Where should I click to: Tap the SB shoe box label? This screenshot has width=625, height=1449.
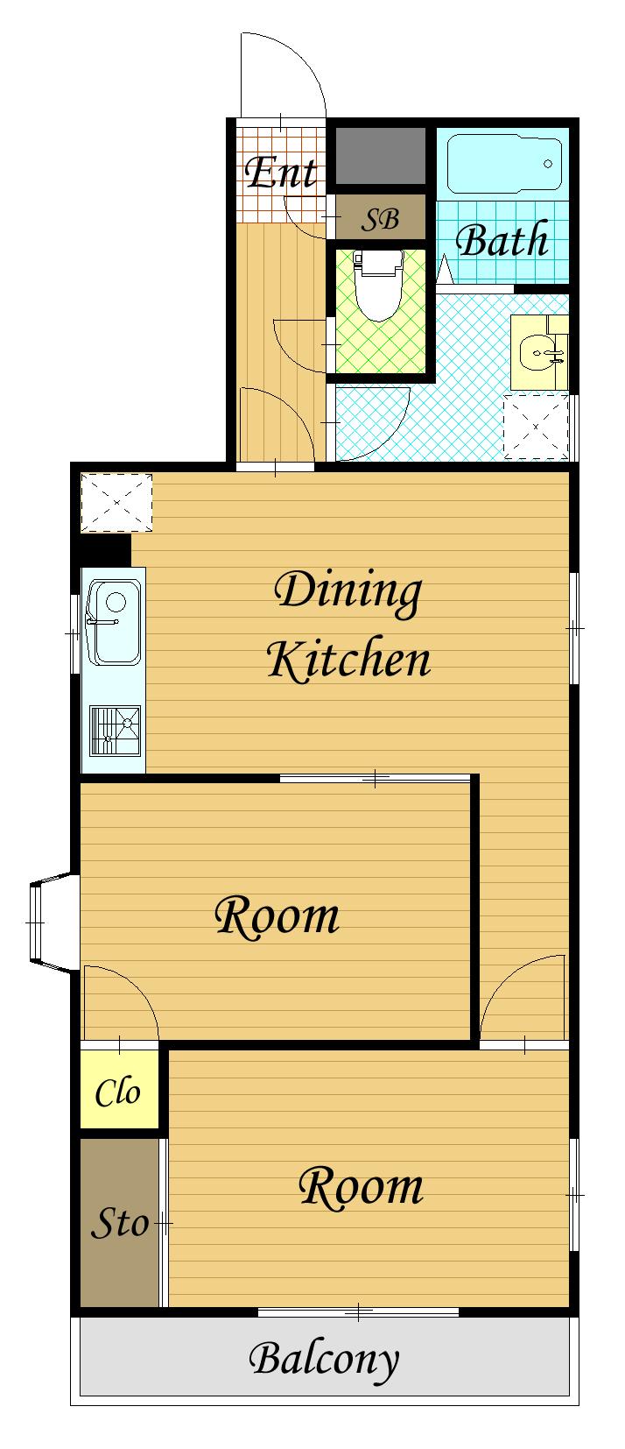380,220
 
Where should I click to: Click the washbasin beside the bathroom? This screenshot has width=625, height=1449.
539,352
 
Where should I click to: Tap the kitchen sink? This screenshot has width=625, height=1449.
115,622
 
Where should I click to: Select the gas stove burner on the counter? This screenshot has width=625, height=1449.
115,731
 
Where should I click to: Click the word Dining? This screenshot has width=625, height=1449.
348,592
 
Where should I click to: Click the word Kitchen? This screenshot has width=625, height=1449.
349,659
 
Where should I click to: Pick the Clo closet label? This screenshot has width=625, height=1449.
117,1092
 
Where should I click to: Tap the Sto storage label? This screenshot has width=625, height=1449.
120,1223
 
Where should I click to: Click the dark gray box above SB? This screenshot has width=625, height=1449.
380,156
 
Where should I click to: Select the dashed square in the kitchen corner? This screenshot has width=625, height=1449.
117,503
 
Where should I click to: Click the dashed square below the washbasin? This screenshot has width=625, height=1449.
536,427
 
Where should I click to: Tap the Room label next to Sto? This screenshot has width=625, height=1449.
362,1187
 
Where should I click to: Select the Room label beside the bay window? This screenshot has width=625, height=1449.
277,916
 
